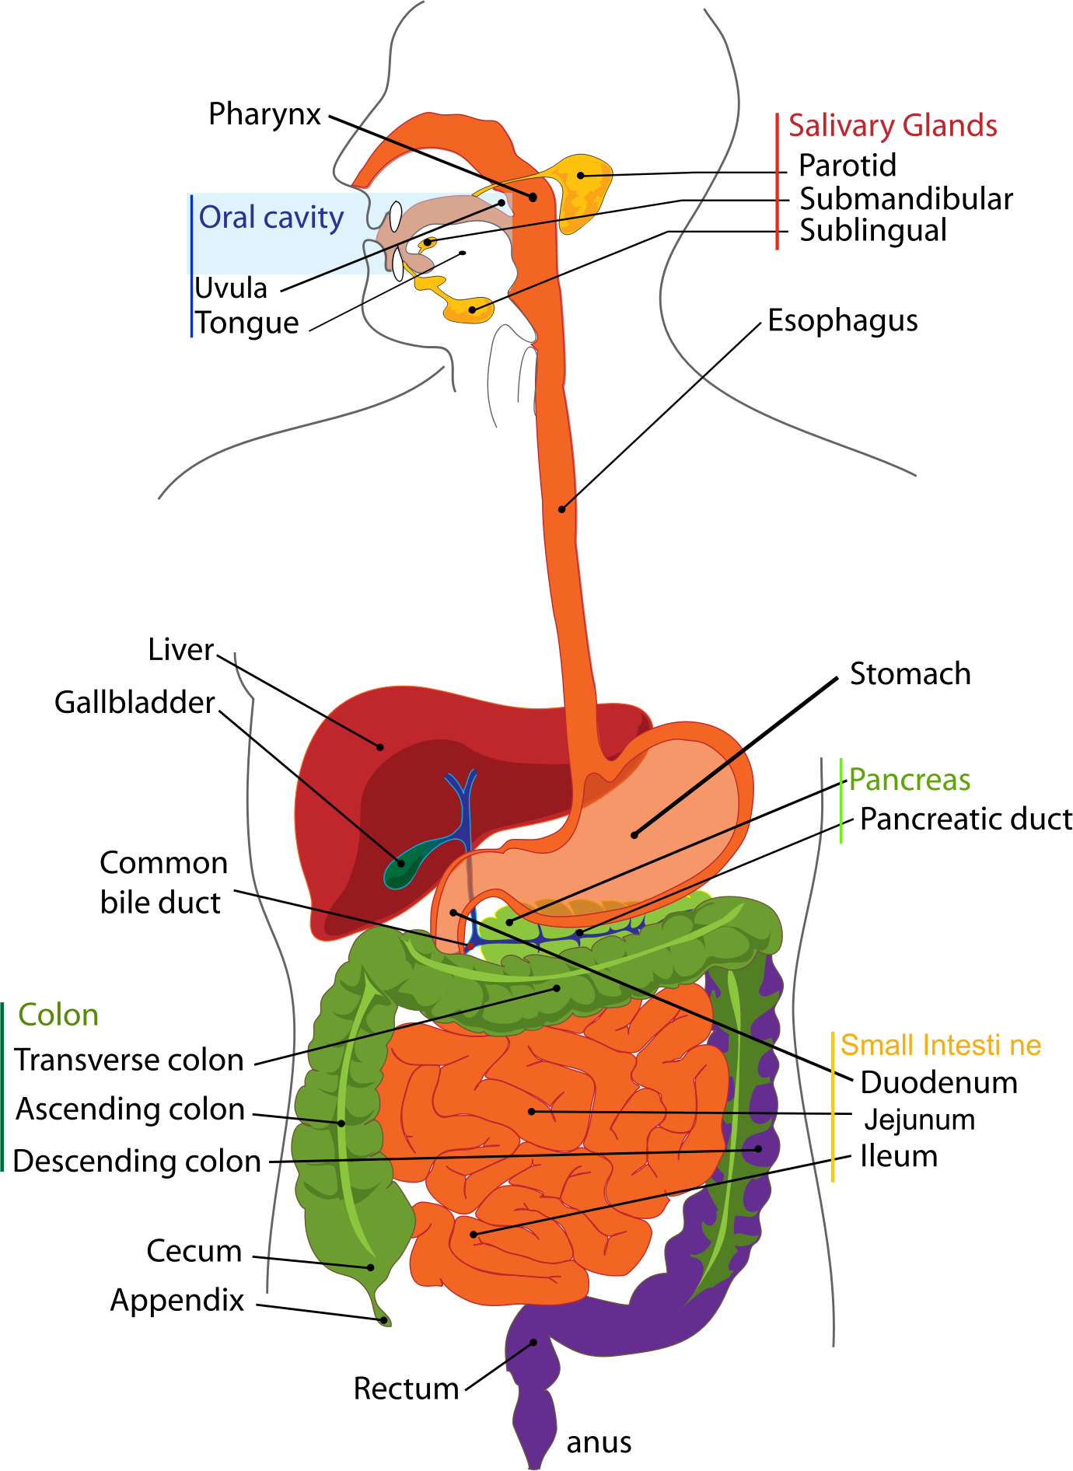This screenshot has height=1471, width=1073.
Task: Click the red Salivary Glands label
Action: pyautogui.click(x=893, y=126)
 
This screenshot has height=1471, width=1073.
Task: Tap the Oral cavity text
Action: pyautogui.click(x=271, y=218)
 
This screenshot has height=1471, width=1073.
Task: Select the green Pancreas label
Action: pyautogui.click(x=909, y=780)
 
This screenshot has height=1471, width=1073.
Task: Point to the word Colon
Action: pyautogui.click(x=58, y=1015)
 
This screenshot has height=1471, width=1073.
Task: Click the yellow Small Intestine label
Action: pyautogui.click(x=941, y=1046)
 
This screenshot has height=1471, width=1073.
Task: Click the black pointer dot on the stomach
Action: pyautogui.click(x=634, y=835)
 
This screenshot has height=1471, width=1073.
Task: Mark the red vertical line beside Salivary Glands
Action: pyautogui.click(x=778, y=182)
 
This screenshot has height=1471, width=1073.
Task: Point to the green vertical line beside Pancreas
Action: pyautogui.click(x=841, y=800)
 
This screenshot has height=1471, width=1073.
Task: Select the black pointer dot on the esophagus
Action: pyautogui.click(x=562, y=509)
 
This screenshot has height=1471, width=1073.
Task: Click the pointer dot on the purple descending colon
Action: pyautogui.click(x=758, y=1148)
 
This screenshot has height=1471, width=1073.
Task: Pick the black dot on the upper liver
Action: pyautogui.click(x=380, y=747)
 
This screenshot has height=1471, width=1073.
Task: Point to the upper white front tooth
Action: pyautogui.click(x=396, y=215)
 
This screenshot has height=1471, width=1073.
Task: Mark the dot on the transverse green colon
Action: pyautogui.click(x=557, y=988)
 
